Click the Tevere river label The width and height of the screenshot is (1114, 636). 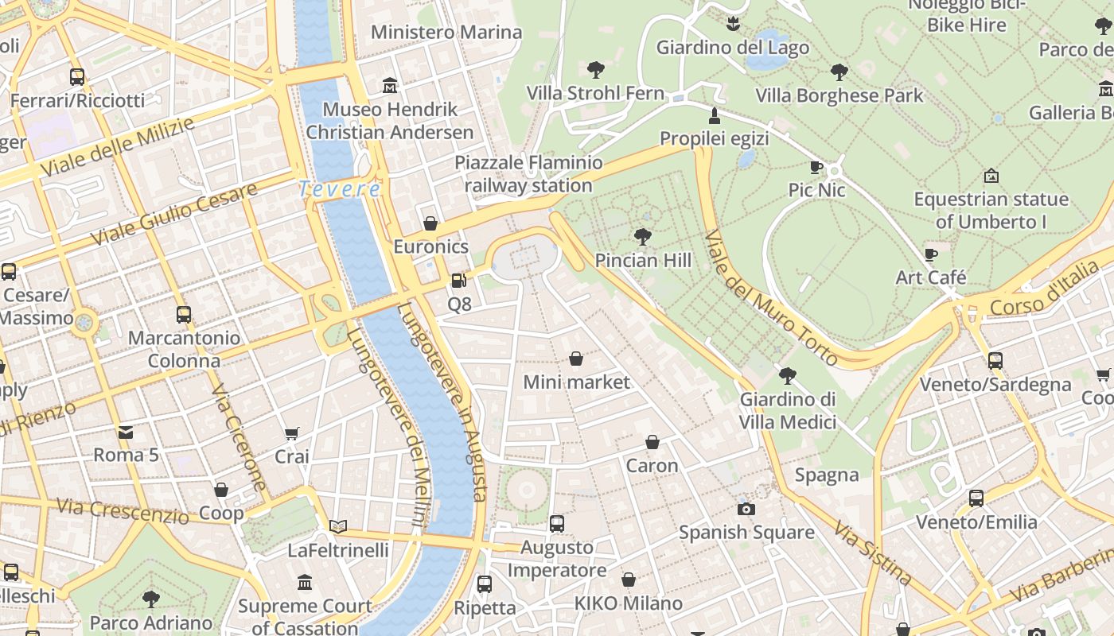click(340, 189)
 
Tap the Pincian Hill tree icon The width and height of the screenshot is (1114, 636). click(642, 237)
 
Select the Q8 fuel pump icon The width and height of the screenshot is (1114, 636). click(458, 281)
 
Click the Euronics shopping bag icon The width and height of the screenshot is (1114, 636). click(430, 223)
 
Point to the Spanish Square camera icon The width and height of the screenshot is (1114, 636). click(746, 509)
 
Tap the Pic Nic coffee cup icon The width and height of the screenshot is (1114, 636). click(816, 167)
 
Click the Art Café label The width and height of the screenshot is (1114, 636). click(931, 277)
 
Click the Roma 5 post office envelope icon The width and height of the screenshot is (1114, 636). click(126, 432)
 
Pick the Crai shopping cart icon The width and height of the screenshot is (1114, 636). click(291, 434)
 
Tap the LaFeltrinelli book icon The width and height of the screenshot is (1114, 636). click(338, 526)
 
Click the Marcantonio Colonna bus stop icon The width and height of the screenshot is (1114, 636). click(184, 315)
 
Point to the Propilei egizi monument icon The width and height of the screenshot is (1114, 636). click(714, 116)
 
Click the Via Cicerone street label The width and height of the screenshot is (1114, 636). click(239, 437)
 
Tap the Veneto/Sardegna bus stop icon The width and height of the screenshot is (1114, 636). click(995, 361)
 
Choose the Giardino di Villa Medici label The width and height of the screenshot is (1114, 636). click(788, 410)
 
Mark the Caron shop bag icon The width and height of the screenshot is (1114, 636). click(652, 442)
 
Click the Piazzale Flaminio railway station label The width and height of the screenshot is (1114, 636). click(528, 174)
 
